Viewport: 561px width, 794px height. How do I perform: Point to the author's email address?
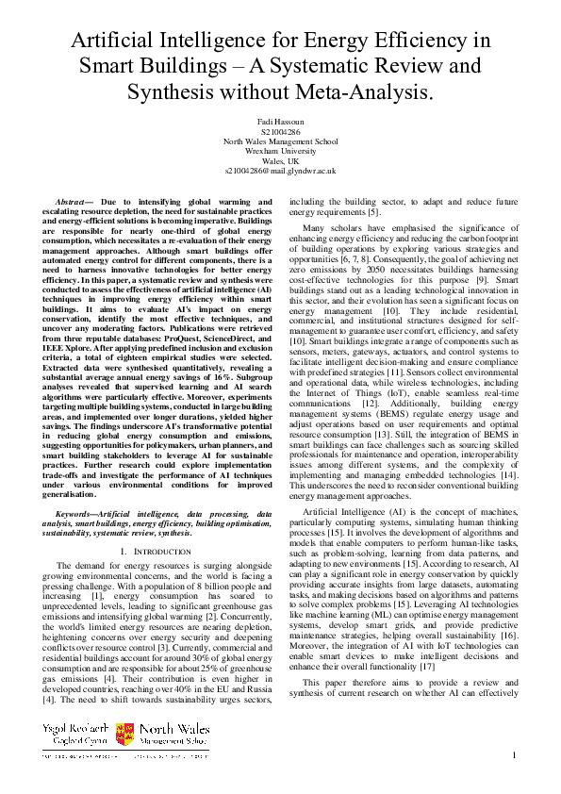click(x=280, y=171)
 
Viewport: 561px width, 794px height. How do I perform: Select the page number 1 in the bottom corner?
click(x=514, y=755)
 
